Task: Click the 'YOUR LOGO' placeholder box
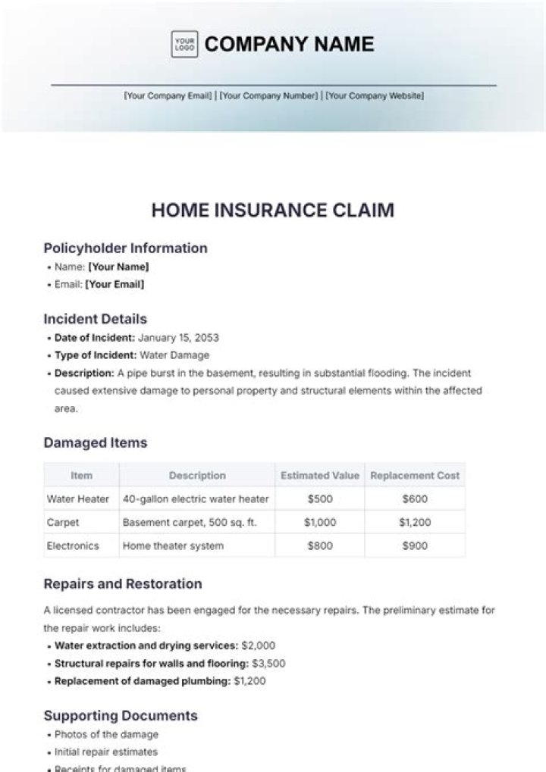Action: point(184,44)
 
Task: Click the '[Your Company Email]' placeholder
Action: point(168,96)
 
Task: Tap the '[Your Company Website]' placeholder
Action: point(375,96)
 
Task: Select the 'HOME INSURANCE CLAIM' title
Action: point(273,210)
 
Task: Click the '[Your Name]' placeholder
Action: point(118,267)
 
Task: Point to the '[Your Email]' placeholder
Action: point(115,285)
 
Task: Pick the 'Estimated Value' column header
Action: point(320,476)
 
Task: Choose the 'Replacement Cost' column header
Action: point(415,476)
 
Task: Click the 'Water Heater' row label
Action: point(78,499)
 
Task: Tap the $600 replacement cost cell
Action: point(415,499)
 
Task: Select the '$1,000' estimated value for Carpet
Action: point(320,523)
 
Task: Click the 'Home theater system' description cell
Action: point(173,545)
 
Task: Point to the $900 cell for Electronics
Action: point(415,545)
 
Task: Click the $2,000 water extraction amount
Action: point(258,646)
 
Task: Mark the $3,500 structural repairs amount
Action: point(268,664)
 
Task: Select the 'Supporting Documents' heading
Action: point(121,716)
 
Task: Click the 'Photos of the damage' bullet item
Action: point(107,735)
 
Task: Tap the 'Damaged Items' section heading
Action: point(96,442)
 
